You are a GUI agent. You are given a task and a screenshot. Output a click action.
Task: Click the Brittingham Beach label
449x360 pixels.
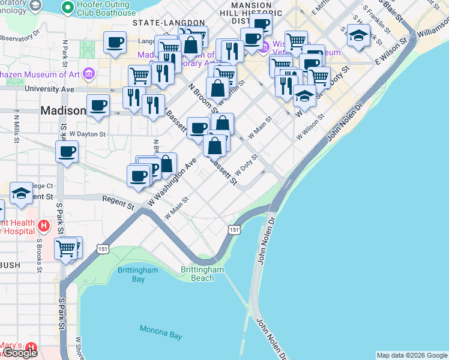pyautogui.click(x=202, y=274)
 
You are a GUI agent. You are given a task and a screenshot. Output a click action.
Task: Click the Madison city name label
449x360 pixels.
pyautogui.click(x=63, y=111)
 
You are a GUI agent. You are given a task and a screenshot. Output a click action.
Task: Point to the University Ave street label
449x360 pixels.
pyautogui.click(x=49, y=89)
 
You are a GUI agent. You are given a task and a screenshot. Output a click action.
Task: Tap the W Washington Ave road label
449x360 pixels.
pyautogui.click(x=173, y=182)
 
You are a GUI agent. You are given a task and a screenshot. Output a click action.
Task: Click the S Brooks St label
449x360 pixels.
pyautogui.click(x=38, y=254)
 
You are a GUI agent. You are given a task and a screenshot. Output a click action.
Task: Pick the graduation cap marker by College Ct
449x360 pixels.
pyautogui.click(x=21, y=193)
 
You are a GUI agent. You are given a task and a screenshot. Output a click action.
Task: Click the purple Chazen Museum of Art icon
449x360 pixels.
pyautogui.click(x=89, y=74)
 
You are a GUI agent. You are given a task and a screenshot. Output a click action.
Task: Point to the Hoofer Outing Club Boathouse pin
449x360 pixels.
pyautogui.click(x=66, y=6)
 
